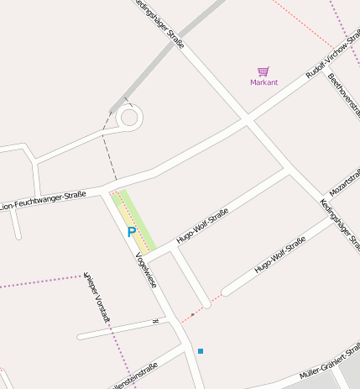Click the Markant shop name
(x=263, y=82)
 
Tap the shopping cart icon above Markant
(x=263, y=71)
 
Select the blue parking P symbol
(x=131, y=231)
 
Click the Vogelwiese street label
(x=146, y=270)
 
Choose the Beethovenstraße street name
(x=343, y=96)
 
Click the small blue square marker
(x=201, y=350)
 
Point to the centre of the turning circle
(x=129, y=117)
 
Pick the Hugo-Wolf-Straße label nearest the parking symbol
(x=202, y=228)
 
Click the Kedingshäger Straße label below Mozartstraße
(x=340, y=223)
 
